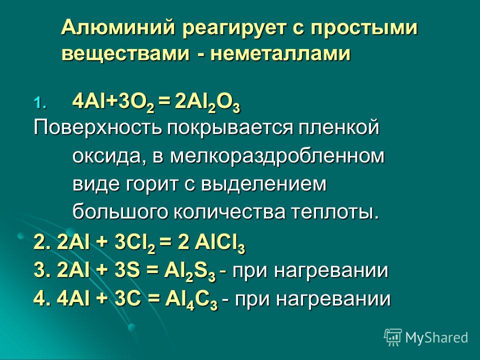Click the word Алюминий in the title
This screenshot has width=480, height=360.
(118, 28)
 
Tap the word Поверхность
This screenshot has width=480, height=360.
(97, 127)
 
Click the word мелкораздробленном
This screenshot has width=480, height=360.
(277, 156)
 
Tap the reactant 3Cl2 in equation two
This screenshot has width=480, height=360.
(134, 243)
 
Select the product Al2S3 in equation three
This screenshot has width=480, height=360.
(190, 271)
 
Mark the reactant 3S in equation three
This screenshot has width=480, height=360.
(127, 270)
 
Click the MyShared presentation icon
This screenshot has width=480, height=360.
(393, 337)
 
